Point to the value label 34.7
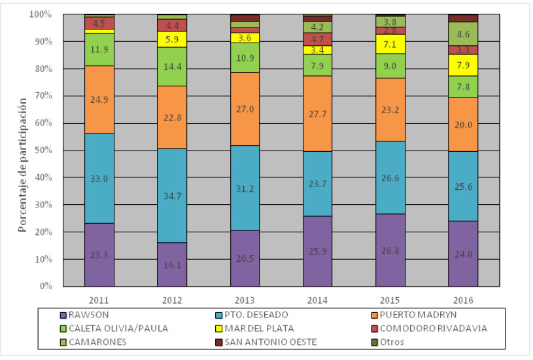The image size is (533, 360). (171, 196)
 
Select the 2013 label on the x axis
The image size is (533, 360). (245, 300)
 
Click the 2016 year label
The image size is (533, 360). (463, 300)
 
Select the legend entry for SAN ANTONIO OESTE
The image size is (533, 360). (269, 342)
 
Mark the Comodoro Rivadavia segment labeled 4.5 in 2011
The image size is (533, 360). (99, 23)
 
